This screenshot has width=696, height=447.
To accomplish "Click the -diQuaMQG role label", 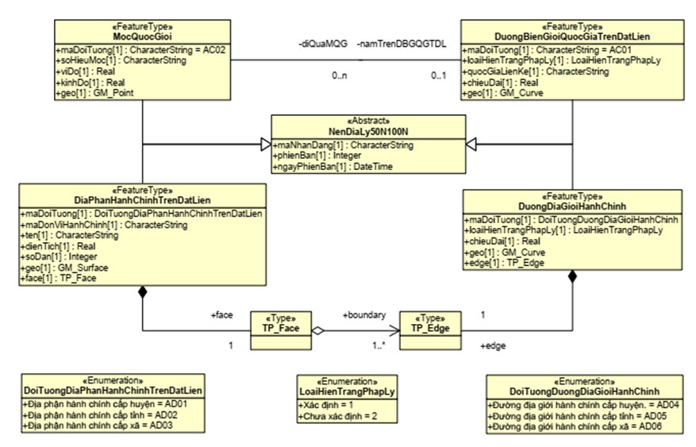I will tap(321, 44).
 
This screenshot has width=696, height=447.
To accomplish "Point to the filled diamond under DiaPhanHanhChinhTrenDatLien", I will tap(143, 293).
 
